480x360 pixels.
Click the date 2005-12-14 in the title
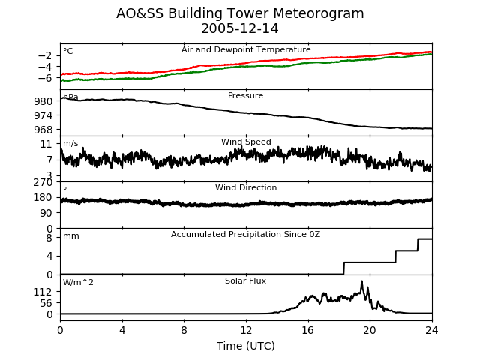point(240,28)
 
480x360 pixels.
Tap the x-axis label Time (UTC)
point(246,346)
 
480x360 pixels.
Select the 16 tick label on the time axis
point(308,330)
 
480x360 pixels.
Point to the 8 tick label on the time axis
point(184,330)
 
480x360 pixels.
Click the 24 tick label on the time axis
point(432,330)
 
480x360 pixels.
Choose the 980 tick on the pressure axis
point(43,101)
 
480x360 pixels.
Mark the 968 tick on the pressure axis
point(43,130)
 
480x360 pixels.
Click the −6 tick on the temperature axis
point(45,78)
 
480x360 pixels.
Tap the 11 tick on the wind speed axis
point(46,144)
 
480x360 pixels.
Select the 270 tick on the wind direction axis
point(43,182)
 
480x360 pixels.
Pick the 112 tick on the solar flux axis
point(43,292)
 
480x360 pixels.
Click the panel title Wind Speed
point(246,142)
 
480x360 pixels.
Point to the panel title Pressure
point(245,95)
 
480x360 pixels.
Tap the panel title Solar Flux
point(245,280)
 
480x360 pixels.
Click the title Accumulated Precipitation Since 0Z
point(245,235)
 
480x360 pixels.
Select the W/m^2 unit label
point(78,282)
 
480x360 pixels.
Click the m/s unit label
point(70,143)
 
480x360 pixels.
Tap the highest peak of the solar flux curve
point(361,281)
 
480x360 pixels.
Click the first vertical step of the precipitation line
point(344,268)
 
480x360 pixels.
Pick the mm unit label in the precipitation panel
point(71,236)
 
